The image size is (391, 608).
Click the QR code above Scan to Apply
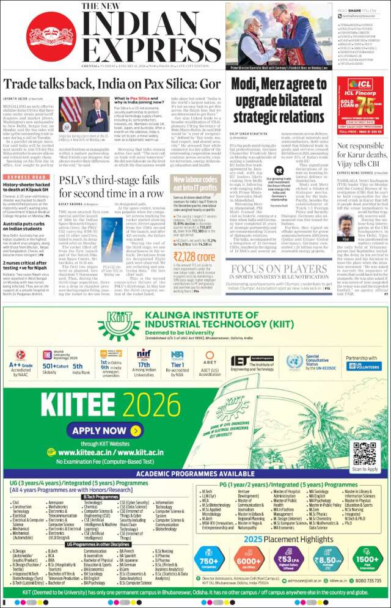tap(365, 453)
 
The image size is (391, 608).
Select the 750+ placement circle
tap(209, 560)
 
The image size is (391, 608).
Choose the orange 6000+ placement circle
tap(248, 560)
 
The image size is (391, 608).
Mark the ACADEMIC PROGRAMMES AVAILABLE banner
tap(195, 474)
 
